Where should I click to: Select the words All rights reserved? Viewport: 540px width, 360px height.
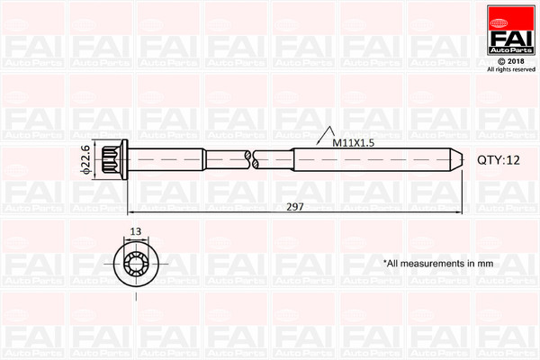click(510, 69)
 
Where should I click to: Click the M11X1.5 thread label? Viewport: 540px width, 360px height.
click(353, 143)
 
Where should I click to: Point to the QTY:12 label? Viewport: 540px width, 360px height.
click(499, 159)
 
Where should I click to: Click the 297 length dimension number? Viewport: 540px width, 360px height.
click(294, 207)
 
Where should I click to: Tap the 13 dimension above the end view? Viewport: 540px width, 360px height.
click(136, 231)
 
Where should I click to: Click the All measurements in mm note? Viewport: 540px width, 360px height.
click(438, 264)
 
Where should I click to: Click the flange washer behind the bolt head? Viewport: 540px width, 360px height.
click(127, 159)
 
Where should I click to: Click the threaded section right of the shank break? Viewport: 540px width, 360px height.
click(360, 159)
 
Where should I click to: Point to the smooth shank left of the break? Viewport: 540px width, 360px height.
click(189, 159)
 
